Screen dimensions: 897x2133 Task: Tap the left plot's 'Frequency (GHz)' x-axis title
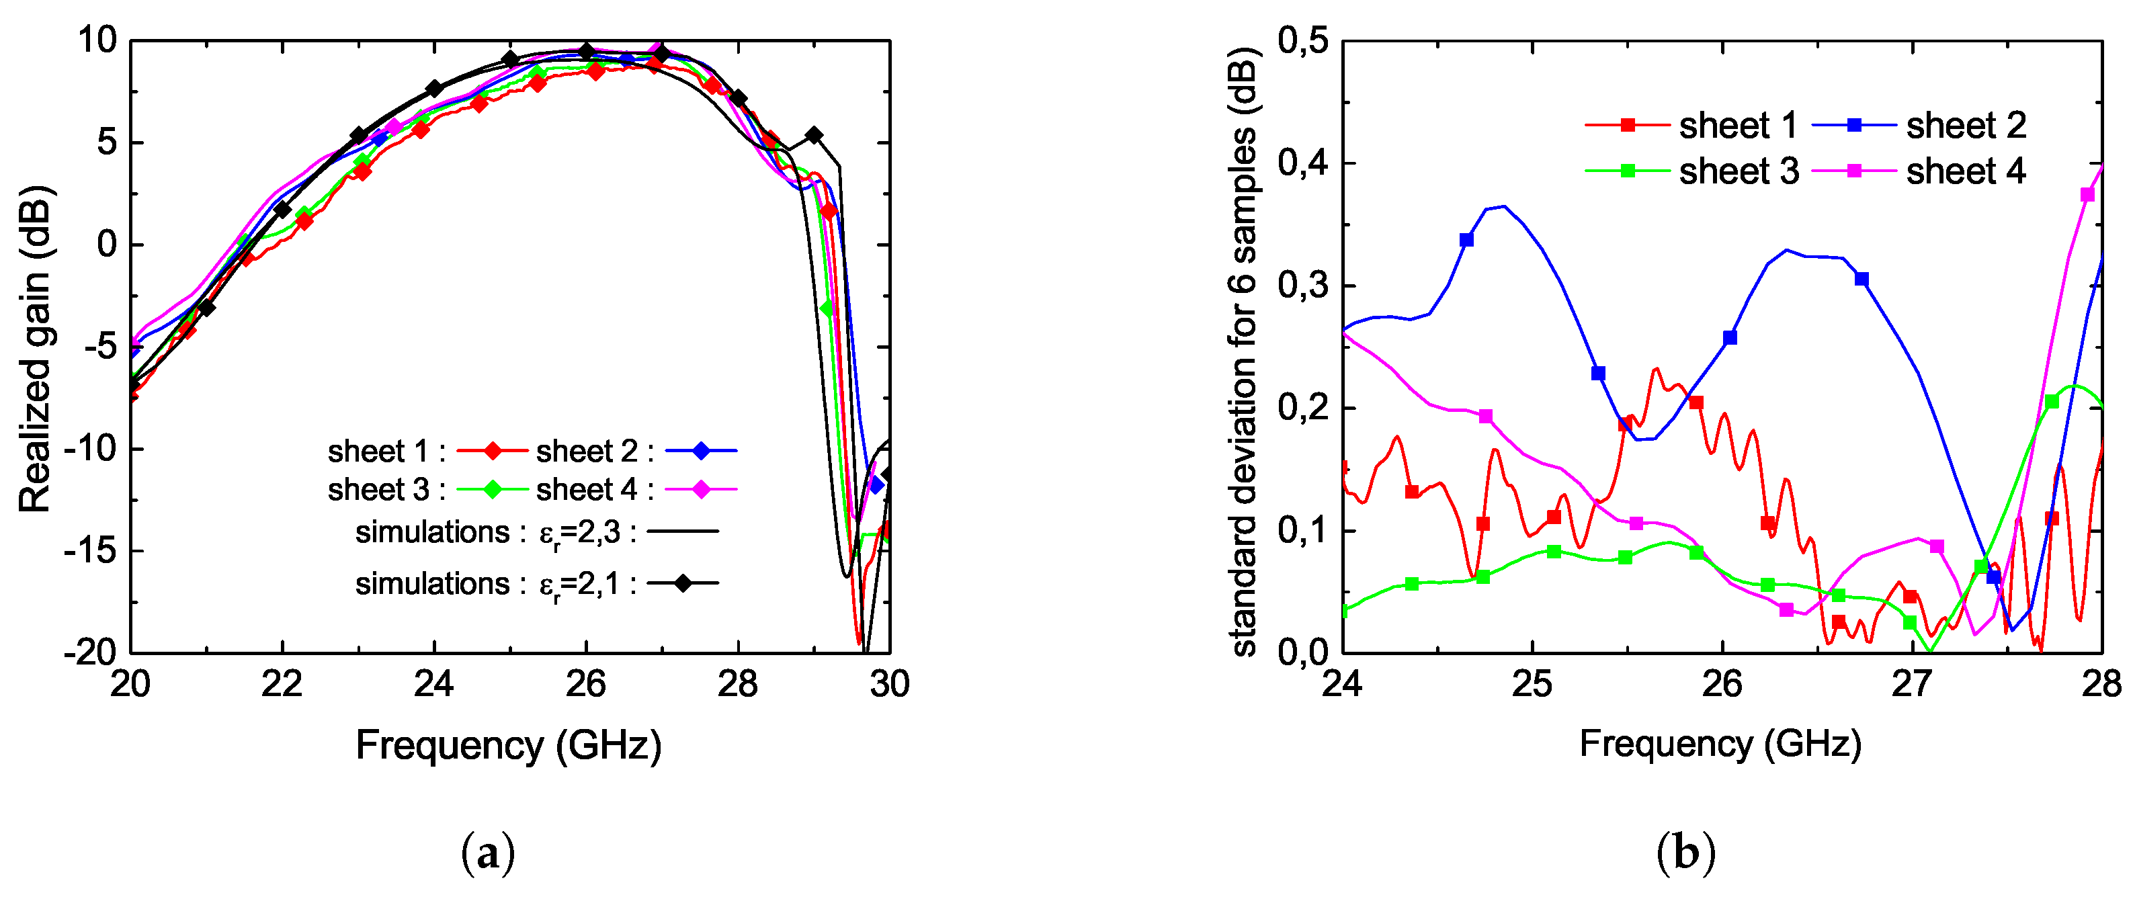(x=509, y=744)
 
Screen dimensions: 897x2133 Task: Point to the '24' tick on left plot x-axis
(x=434, y=684)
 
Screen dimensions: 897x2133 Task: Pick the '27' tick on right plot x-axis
(x=1912, y=684)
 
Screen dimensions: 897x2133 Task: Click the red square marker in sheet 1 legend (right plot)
(x=1627, y=125)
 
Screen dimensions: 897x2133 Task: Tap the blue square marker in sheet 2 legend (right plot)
(x=1855, y=125)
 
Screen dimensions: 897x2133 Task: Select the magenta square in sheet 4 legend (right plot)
(x=1855, y=171)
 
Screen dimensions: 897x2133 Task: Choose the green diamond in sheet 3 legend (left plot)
(x=493, y=490)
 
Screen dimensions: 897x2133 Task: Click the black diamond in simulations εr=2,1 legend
(x=683, y=583)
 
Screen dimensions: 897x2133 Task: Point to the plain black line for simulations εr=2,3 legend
(x=683, y=531)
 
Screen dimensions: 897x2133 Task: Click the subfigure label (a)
(x=488, y=853)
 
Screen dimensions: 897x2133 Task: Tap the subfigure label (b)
(x=1686, y=853)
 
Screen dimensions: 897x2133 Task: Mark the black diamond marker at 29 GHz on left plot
(x=814, y=135)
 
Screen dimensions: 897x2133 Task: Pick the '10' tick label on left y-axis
(x=97, y=40)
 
